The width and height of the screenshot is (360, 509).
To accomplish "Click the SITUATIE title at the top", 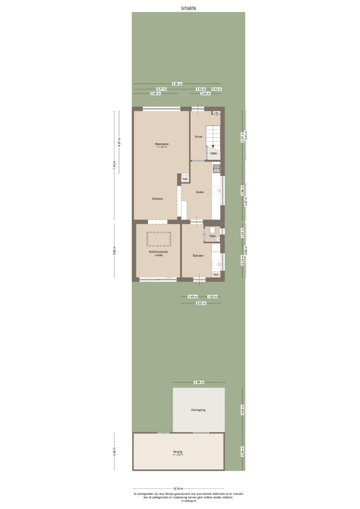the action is [188, 8].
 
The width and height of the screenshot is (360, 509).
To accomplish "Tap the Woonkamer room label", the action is [162, 144].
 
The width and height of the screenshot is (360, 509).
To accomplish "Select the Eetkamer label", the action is [157, 199].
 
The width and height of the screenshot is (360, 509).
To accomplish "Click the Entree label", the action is [198, 137].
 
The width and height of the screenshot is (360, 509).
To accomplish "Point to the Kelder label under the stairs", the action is [214, 153].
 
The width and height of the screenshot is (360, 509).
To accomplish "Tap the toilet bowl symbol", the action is [212, 230].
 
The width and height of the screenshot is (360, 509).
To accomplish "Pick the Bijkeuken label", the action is [198, 256].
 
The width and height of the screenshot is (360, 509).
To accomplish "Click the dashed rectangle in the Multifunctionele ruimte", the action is [159, 239].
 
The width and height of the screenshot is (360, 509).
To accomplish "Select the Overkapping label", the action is [198, 410].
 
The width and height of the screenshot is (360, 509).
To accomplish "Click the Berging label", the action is [178, 452].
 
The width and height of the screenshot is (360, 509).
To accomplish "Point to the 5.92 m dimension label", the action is [177, 84].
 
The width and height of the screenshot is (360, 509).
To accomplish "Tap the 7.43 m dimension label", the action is [114, 165].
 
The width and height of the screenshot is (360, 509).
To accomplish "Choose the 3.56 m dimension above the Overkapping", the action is [199, 382].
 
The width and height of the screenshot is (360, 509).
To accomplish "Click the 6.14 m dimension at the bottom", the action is [178, 488].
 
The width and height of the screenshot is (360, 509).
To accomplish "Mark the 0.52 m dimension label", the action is [216, 89].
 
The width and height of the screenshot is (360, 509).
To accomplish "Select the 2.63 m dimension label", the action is [201, 303].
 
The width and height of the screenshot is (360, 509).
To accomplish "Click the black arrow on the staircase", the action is [213, 146].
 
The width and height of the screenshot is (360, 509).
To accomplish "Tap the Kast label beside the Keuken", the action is [185, 179].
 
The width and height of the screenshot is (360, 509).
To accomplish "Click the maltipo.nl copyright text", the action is [188, 501].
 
